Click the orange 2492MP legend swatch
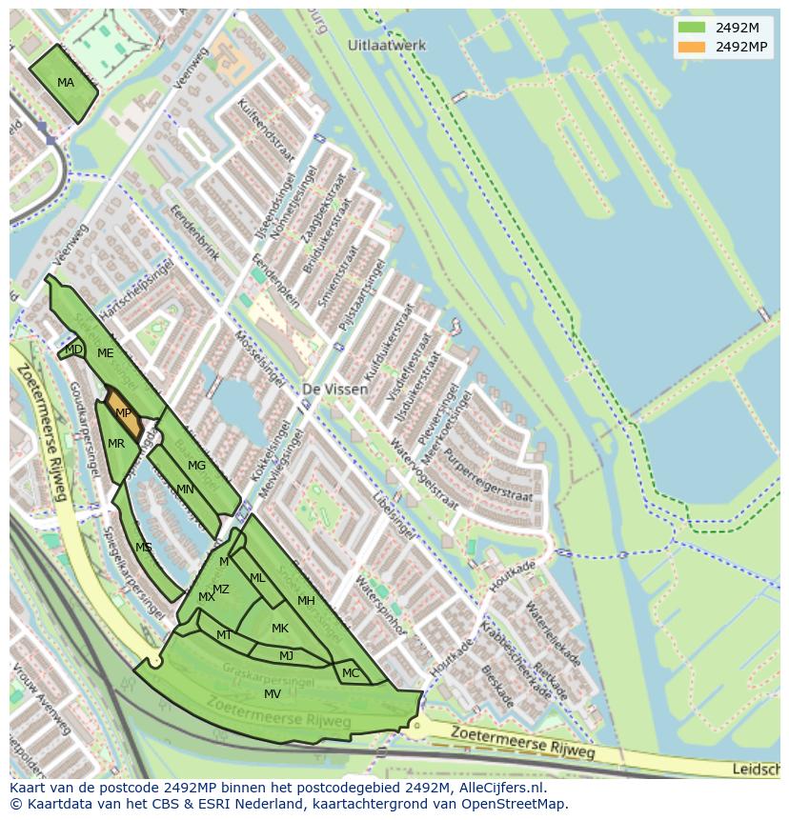pos(692,47)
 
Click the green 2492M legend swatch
pos(692,28)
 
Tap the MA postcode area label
pos(65,83)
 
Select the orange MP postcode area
pos(123,413)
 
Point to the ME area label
pos(105,353)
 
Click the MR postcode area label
pos(116,444)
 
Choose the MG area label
pos(196,466)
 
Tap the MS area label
pos(144,548)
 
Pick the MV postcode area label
pos(273,694)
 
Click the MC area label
pos(351,673)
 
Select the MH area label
pos(306,601)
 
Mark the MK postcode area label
pos(280,629)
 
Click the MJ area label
pos(286,655)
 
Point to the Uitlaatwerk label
pos(387,46)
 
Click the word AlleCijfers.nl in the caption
pos(499,788)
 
